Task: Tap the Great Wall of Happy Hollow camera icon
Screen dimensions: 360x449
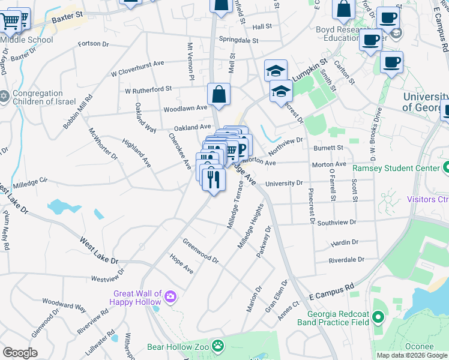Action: (x=170, y=296)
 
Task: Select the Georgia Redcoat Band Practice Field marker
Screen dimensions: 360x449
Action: (x=378, y=317)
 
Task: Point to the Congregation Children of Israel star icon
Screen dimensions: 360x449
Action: (x=4, y=96)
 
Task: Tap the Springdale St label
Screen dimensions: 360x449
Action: (x=238, y=41)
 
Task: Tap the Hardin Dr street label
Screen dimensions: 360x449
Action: (x=344, y=242)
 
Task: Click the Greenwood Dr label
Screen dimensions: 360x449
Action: (x=200, y=251)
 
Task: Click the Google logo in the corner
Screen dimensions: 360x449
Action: (x=20, y=353)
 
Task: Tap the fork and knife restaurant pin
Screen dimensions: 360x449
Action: (x=213, y=179)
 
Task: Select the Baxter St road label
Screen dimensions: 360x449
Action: (x=67, y=20)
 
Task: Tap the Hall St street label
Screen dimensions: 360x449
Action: (x=262, y=27)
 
